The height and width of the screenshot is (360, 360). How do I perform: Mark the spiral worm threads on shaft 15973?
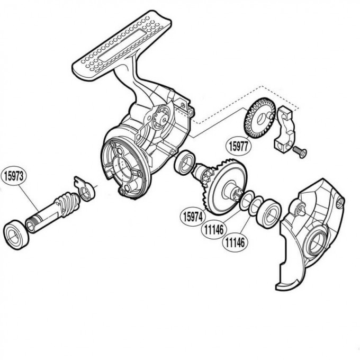tap(66, 201)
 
